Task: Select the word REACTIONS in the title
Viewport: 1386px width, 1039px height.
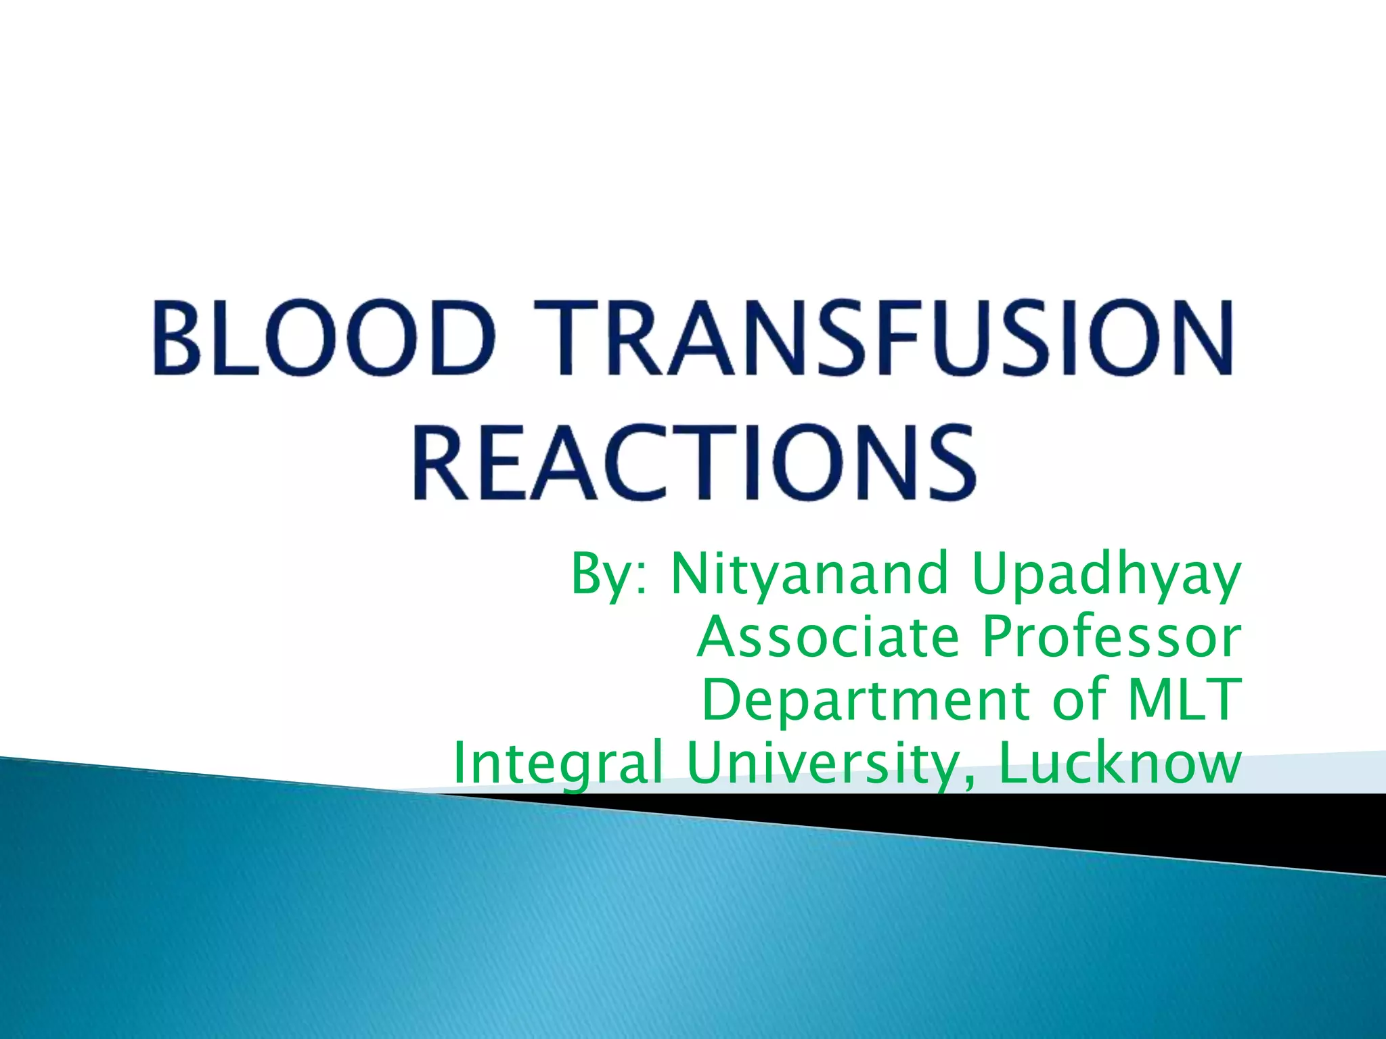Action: coord(694,462)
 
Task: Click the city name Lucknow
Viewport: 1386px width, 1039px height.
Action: coord(1120,762)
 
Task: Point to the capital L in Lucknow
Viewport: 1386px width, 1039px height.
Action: coord(1013,762)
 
